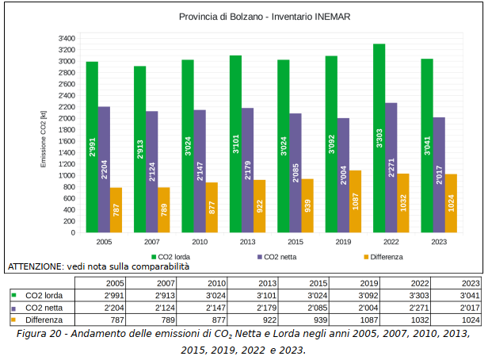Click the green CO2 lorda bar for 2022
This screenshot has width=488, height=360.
coord(379,138)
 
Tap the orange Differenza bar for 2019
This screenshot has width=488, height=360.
coord(355,201)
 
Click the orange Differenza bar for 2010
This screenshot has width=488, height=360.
coord(212,207)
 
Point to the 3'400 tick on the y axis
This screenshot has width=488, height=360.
coord(67,38)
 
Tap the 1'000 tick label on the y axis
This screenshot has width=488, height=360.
coord(67,175)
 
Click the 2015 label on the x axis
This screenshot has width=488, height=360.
coord(295,241)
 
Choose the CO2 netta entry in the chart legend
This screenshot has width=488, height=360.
coord(277,257)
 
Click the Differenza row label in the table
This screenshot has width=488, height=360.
coord(44,320)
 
